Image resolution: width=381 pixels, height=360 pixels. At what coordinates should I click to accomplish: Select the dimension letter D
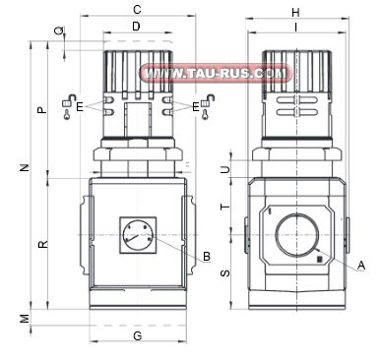[x=136, y=26]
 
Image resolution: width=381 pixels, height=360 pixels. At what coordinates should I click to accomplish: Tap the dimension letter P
[x=41, y=110]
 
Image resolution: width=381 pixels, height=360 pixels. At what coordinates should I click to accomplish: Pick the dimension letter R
[x=41, y=243]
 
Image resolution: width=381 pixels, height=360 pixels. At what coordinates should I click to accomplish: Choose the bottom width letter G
[x=137, y=337]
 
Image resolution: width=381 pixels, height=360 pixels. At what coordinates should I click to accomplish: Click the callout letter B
[x=206, y=257]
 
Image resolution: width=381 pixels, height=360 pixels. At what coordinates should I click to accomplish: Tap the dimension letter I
[x=296, y=27]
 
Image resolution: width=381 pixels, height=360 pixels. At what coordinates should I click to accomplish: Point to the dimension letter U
[x=225, y=169]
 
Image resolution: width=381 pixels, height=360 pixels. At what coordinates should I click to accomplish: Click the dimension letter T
[x=225, y=208]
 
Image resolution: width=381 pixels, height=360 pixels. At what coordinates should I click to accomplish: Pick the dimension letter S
[x=225, y=272]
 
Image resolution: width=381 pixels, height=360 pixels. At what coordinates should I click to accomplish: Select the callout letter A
[x=361, y=265]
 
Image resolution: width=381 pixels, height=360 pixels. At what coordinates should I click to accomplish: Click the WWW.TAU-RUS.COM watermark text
[x=217, y=73]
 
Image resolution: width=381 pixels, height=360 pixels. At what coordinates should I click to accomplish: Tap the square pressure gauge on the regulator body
[x=136, y=236]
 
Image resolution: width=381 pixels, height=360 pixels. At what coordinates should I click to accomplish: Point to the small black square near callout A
[x=319, y=259]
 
